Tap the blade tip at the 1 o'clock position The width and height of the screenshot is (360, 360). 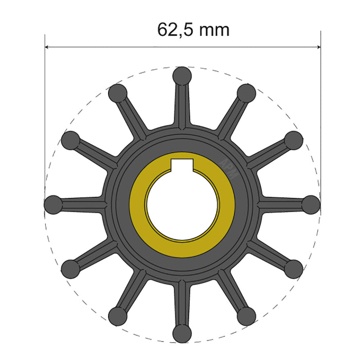[x=246, y=93]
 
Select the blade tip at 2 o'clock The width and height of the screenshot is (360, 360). [x=293, y=140]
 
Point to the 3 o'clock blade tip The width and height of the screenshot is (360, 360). [x=310, y=204]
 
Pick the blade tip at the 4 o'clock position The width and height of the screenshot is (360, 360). [x=293, y=268]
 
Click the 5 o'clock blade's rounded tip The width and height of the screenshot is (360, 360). [x=246, y=315]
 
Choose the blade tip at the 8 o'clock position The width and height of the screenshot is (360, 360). [x=71, y=268]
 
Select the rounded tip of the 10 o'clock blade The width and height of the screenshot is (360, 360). [x=71, y=140]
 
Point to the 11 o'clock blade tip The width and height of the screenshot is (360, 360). [x=118, y=93]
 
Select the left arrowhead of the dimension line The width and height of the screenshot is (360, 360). [x=48, y=47]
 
